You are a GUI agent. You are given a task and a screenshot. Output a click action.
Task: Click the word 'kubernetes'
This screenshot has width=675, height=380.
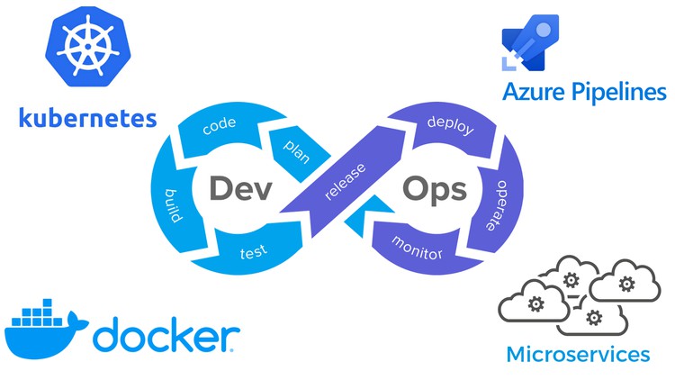point(86,117)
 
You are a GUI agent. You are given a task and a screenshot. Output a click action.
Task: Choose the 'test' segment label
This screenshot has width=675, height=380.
point(251,254)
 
